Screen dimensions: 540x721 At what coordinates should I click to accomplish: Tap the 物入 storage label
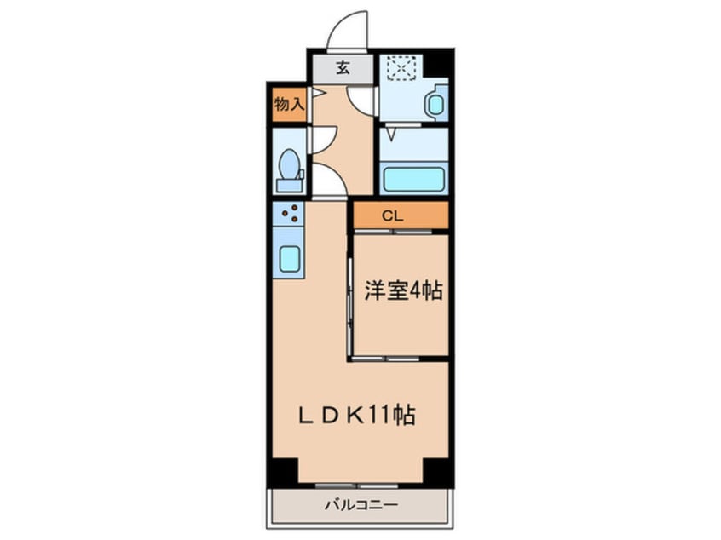tap(288, 105)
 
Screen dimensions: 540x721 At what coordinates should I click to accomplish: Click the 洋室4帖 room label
tap(402, 291)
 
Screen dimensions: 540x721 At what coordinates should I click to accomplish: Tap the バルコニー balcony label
tap(360, 504)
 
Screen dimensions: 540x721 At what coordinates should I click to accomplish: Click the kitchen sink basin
tap(290, 257)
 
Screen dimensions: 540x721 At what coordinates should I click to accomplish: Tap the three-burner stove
tap(290, 213)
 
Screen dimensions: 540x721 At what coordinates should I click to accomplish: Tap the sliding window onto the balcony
tap(360, 485)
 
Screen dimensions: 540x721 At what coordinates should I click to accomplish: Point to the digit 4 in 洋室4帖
tap(413, 291)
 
